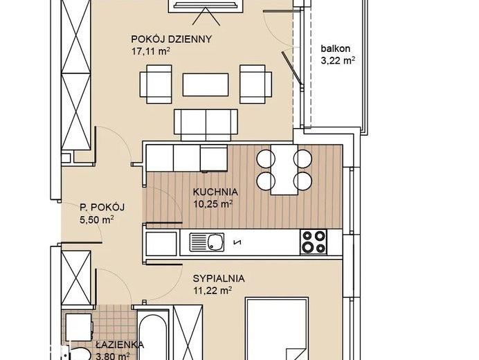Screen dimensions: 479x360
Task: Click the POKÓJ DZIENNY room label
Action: (x=171, y=39)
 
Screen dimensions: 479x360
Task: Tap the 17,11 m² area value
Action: (x=151, y=51)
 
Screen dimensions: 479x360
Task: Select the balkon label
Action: (x=336, y=48)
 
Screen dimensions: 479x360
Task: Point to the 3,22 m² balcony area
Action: (x=338, y=60)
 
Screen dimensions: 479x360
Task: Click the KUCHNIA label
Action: (x=215, y=192)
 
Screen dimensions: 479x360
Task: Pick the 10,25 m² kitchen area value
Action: (x=213, y=204)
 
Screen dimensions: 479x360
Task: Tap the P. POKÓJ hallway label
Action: (x=102, y=208)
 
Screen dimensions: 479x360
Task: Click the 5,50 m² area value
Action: (x=97, y=219)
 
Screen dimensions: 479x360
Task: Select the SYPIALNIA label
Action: (x=219, y=278)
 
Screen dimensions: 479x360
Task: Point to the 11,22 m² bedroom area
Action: (x=212, y=290)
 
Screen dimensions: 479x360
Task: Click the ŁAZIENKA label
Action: (x=120, y=345)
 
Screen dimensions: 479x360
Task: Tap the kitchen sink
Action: (x=207, y=242)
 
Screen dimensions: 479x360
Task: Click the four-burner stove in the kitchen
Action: (x=314, y=242)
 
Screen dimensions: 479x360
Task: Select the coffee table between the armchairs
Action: (x=206, y=84)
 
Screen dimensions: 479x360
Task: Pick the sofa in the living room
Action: (x=206, y=125)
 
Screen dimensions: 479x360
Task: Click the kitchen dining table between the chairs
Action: (x=284, y=170)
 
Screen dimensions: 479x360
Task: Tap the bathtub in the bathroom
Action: (x=153, y=335)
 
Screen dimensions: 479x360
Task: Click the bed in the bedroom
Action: (x=277, y=329)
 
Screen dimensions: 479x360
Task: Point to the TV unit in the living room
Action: (x=206, y=6)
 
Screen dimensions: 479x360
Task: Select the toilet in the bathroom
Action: (x=78, y=354)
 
